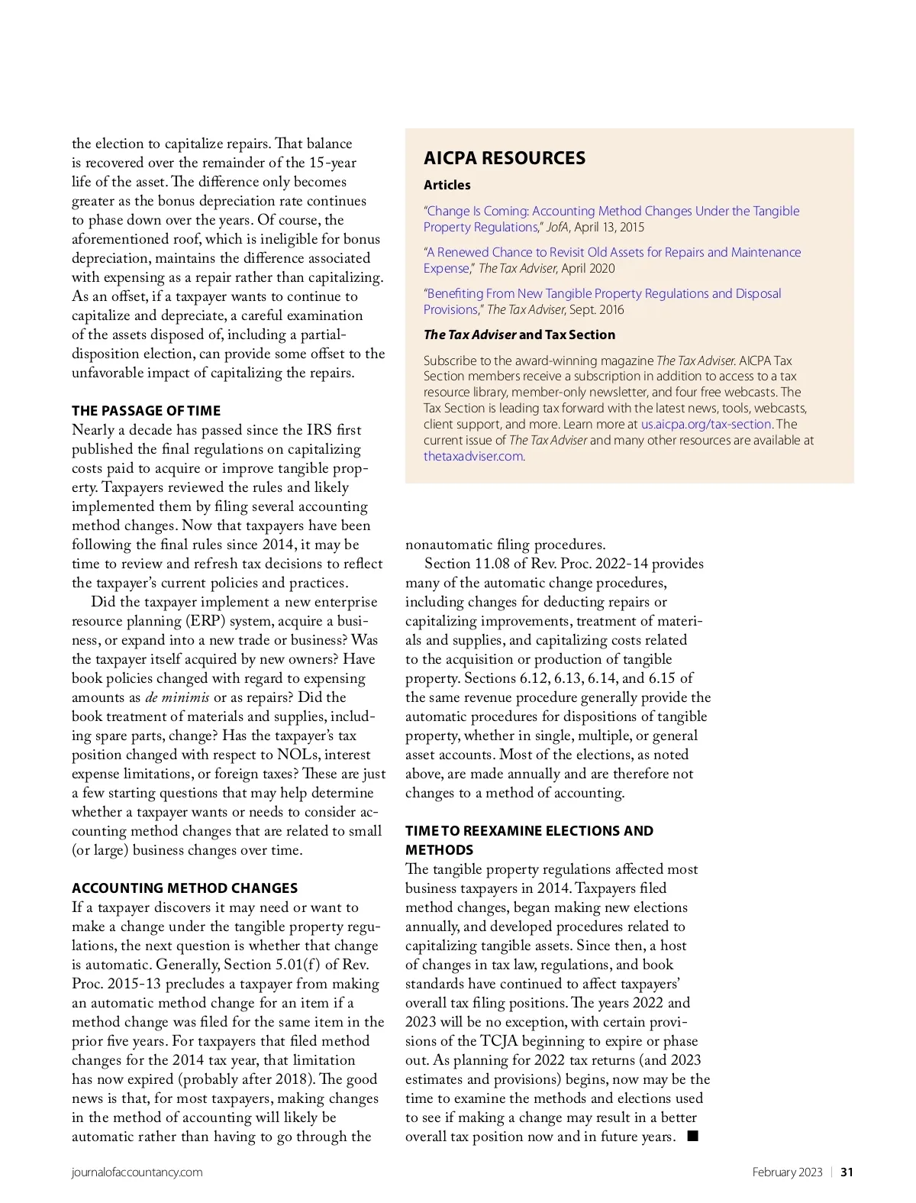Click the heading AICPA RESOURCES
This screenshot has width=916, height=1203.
tap(505, 158)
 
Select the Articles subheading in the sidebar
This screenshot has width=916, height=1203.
tap(447, 185)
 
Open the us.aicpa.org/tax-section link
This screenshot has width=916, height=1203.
tap(706, 424)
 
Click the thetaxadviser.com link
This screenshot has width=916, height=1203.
tap(473, 456)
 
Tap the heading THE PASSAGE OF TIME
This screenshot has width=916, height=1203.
tap(146, 411)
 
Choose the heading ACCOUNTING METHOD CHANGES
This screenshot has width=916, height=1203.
tap(185, 888)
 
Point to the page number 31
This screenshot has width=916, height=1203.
tap(847, 1172)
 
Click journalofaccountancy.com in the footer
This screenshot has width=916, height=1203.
tap(137, 1172)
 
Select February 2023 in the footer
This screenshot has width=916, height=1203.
tap(787, 1172)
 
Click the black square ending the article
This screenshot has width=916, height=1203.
tap(692, 1136)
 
